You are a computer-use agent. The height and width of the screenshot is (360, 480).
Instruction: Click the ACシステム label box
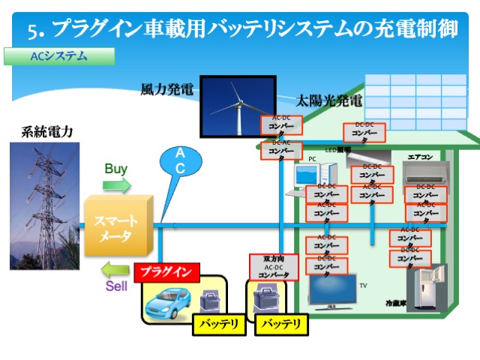pyautogui.click(x=59, y=56)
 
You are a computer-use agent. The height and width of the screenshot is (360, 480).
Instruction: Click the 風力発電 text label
pyautogui.click(x=166, y=90)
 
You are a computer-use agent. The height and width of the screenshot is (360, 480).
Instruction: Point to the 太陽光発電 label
pyautogui.click(x=328, y=100)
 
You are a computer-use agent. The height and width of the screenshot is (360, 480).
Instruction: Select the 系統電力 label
pyautogui.click(x=46, y=132)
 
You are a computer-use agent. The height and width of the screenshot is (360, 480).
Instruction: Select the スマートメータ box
pyautogui.click(x=117, y=227)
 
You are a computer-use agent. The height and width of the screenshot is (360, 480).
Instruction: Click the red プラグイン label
pyautogui.click(x=167, y=271)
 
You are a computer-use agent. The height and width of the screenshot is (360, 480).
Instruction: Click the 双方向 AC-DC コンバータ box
pyautogui.click(x=273, y=268)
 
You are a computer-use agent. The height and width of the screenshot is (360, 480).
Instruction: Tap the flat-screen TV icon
pyautogui.click(x=333, y=292)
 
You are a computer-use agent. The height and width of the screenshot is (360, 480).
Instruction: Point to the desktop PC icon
pyautogui.click(x=307, y=178)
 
